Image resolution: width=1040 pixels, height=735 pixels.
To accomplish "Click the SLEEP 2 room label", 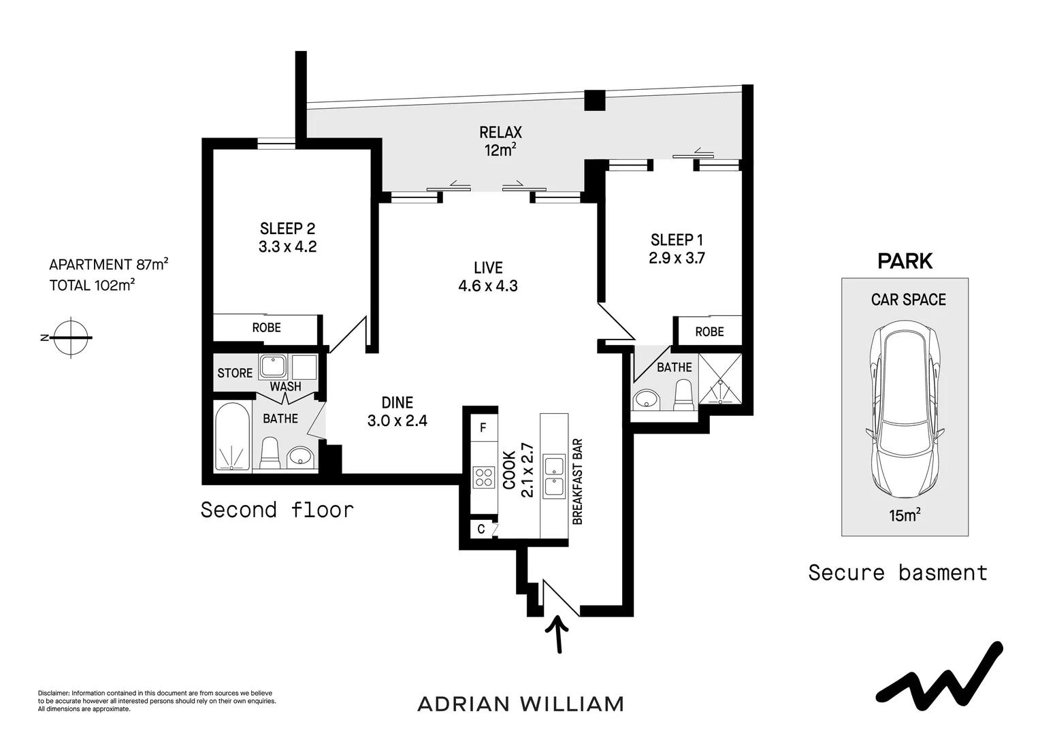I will pyautogui.click(x=287, y=229).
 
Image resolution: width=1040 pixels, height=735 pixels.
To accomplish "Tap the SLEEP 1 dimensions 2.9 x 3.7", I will pyautogui.click(x=677, y=258).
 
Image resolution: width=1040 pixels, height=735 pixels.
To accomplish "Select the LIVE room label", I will pyautogui.click(x=488, y=267).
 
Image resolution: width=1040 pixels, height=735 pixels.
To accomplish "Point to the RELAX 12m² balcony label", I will pyautogui.click(x=500, y=141).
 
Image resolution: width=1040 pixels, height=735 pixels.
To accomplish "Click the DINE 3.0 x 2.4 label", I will pyautogui.click(x=397, y=412).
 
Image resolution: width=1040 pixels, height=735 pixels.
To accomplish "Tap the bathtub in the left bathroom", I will pyautogui.click(x=232, y=436).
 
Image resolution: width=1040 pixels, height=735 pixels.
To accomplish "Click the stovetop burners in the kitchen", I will pyautogui.click(x=484, y=476).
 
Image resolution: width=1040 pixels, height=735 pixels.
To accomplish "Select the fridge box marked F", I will pyautogui.click(x=483, y=428).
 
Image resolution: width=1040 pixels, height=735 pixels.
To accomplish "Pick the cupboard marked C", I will pyautogui.click(x=481, y=528).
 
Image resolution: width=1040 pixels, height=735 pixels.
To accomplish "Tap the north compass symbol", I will pyautogui.click(x=71, y=337).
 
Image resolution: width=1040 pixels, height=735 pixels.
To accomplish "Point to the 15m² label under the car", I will pyautogui.click(x=905, y=515).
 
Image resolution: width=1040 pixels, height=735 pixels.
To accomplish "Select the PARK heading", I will pyautogui.click(x=905, y=261).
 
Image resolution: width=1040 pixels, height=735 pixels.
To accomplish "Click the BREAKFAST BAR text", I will pyautogui.click(x=578, y=481).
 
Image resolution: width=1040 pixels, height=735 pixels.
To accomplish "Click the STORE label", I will pyautogui.click(x=235, y=373).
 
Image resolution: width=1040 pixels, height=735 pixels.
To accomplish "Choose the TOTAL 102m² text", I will pyautogui.click(x=92, y=285).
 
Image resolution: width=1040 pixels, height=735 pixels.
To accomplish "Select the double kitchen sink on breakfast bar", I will pyautogui.click(x=553, y=476).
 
